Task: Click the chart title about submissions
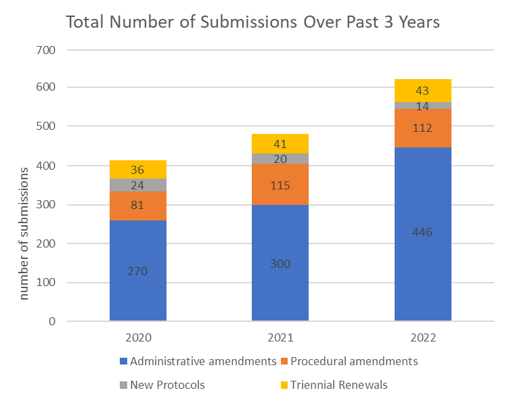coord(252,22)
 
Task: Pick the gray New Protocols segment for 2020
coord(138,185)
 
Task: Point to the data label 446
coord(422,232)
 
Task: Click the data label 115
coord(280,185)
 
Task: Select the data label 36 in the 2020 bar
coord(138,170)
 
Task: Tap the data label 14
coord(422,105)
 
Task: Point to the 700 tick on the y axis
coord(47,50)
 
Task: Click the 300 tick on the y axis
coord(47,205)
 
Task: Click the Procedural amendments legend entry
coord(348,361)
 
